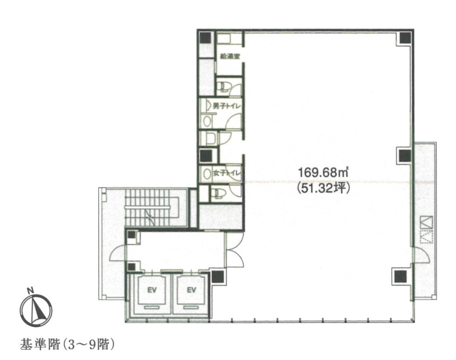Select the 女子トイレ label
228,173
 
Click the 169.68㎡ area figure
323,173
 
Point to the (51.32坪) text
323,188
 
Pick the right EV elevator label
191,290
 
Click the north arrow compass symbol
36,311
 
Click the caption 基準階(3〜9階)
67,345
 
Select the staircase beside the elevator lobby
152,208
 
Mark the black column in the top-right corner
405,38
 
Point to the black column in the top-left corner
206,38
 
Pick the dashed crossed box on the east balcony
424,237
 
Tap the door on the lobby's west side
118,253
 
